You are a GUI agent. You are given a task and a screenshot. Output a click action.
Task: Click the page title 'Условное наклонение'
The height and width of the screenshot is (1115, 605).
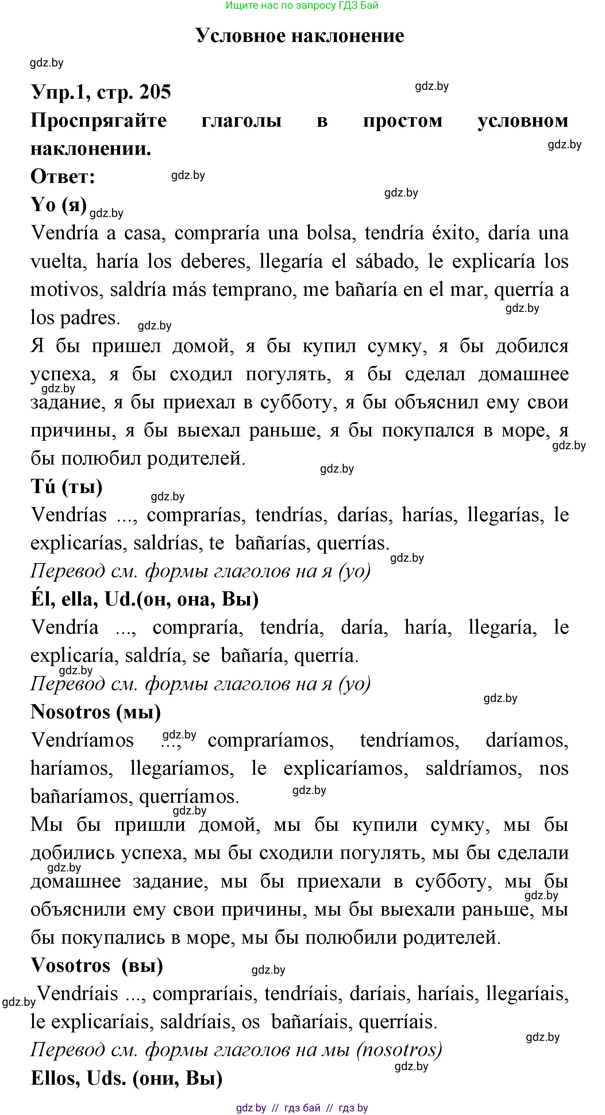(300, 35)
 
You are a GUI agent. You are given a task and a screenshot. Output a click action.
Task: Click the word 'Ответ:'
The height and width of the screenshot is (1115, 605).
(63, 177)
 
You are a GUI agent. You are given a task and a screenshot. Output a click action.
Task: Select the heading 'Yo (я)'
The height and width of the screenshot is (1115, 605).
(59, 205)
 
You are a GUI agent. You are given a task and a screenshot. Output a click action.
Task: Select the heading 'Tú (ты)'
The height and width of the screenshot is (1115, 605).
(67, 487)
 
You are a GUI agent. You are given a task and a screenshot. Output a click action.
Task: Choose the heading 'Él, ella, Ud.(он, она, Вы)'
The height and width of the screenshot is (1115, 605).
(145, 599)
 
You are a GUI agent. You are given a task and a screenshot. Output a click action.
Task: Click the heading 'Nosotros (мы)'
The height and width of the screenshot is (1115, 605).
(96, 712)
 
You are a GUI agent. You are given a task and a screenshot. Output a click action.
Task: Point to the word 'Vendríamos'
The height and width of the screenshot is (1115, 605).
(82, 741)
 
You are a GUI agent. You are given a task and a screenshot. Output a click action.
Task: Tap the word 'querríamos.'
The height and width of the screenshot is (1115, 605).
(189, 797)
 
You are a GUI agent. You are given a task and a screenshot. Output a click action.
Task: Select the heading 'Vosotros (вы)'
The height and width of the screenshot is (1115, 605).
(97, 966)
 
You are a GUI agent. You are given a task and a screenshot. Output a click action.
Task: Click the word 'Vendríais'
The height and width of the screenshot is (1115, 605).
(78, 994)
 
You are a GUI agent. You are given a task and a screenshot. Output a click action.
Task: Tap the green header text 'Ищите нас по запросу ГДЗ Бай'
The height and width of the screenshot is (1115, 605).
(302, 5)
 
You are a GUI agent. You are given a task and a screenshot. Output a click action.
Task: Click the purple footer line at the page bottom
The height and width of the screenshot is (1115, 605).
(302, 1108)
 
